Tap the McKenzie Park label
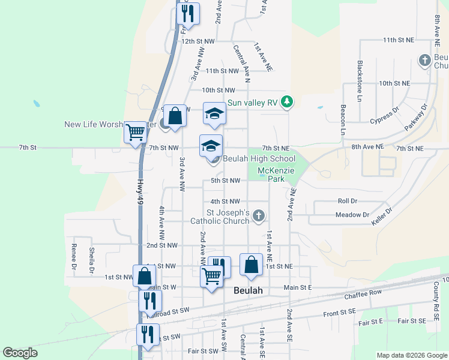276,175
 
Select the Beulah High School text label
259,158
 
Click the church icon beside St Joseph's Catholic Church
259,215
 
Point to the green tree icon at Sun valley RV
288,102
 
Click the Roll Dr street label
348,202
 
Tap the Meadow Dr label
352,214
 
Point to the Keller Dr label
382,216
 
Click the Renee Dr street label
74,257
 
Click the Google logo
20,353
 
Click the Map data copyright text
411,355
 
